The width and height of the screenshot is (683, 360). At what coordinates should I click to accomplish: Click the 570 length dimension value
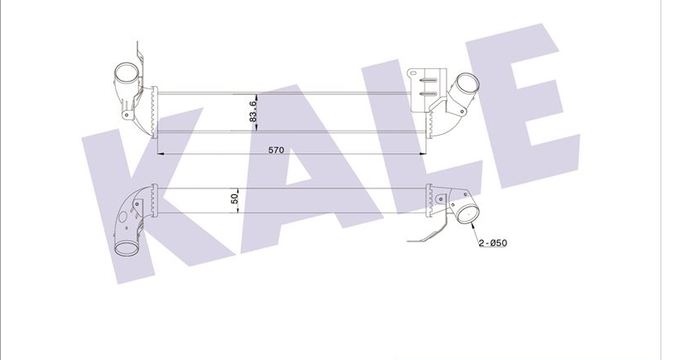pyautogui.click(x=276, y=151)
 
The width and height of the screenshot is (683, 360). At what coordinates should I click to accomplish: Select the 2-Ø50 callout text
pyautogui.click(x=493, y=242)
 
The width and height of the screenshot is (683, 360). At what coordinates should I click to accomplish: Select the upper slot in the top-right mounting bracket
pyautogui.click(x=428, y=81)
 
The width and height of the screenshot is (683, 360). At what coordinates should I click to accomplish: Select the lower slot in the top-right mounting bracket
pyautogui.click(x=428, y=93)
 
